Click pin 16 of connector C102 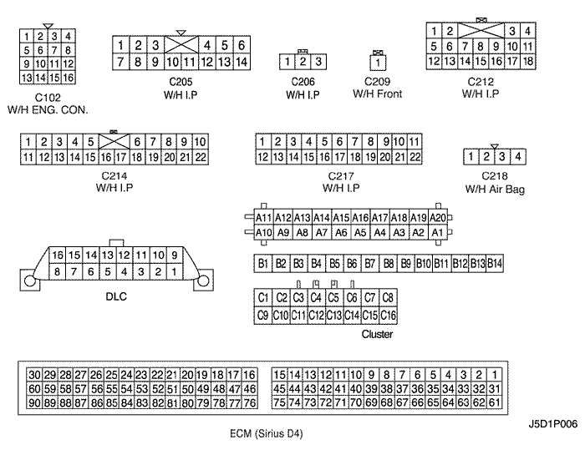(69, 78)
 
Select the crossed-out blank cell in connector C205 (181, 45)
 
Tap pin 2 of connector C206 (303, 62)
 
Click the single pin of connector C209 (378, 63)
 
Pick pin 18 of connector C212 (528, 61)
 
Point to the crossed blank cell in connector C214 (114, 142)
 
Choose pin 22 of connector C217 (415, 157)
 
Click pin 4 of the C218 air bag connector (518, 157)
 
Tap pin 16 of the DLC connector (58, 255)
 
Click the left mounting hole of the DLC (29, 281)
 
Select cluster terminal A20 (438, 217)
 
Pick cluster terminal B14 (495, 264)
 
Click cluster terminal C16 (388, 316)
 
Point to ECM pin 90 (34, 402)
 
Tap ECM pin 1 (495, 375)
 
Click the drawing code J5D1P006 (553, 424)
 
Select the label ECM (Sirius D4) (267, 434)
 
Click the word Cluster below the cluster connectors (377, 334)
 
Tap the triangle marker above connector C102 (48, 26)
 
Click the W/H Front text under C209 (378, 94)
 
